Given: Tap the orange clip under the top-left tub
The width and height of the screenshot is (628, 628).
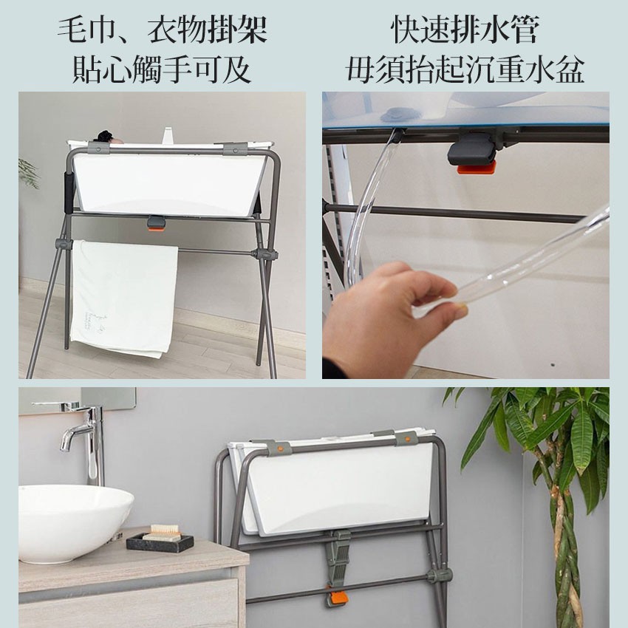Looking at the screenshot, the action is click(155, 228).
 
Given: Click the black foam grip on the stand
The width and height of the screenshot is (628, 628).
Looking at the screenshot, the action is click(69, 192).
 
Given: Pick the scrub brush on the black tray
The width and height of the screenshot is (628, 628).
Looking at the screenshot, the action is click(165, 533).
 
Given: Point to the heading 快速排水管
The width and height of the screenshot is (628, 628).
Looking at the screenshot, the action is click(465, 30).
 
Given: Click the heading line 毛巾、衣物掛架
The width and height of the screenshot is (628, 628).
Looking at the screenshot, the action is click(163, 30).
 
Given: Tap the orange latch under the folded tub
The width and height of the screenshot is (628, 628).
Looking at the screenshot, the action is click(336, 598).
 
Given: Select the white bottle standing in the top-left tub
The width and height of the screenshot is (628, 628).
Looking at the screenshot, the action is click(168, 135).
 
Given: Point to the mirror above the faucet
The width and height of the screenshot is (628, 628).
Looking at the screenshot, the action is click(77, 400).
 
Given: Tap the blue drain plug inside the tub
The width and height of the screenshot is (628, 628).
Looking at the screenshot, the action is click(397, 116).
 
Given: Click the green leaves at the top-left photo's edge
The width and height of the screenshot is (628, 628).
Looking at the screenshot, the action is click(29, 173).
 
